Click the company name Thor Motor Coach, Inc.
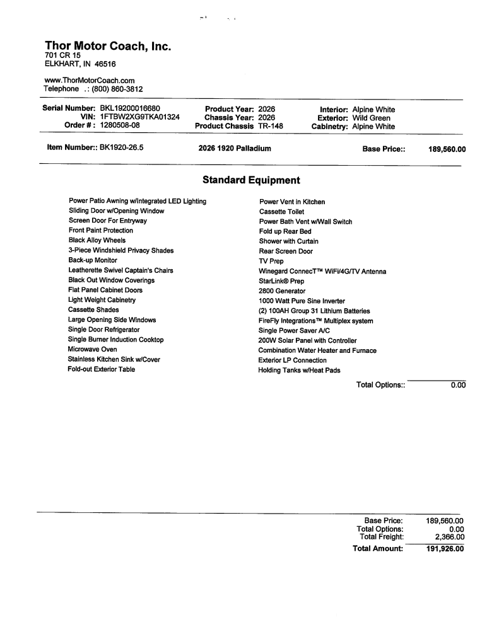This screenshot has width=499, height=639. tap(108, 46)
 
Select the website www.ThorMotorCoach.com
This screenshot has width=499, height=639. tap(90, 81)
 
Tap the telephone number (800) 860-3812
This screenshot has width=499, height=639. tap(117, 89)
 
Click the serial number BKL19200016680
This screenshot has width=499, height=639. tap(134, 109)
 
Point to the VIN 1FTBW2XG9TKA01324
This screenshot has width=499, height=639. tap(139, 117)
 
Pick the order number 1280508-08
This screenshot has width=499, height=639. tap(120, 125)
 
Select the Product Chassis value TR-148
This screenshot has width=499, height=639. tap(271, 126)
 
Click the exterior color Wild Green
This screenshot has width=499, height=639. tap(371, 118)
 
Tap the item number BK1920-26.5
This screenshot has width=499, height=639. tap(122, 148)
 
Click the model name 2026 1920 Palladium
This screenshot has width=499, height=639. tap(234, 149)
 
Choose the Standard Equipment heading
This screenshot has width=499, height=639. tap(251, 180)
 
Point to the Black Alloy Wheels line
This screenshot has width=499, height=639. tap(97, 240)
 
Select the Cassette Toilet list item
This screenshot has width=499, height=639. tap(281, 212)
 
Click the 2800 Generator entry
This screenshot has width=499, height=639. tap(282, 291)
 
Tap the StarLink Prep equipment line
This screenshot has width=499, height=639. tap(281, 281)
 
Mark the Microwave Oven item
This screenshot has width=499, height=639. tap(92, 349)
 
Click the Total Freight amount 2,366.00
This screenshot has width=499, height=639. tap(449, 537)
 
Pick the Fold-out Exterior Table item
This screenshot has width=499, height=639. tap(101, 369)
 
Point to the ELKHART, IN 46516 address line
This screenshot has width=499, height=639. tap(80, 64)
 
